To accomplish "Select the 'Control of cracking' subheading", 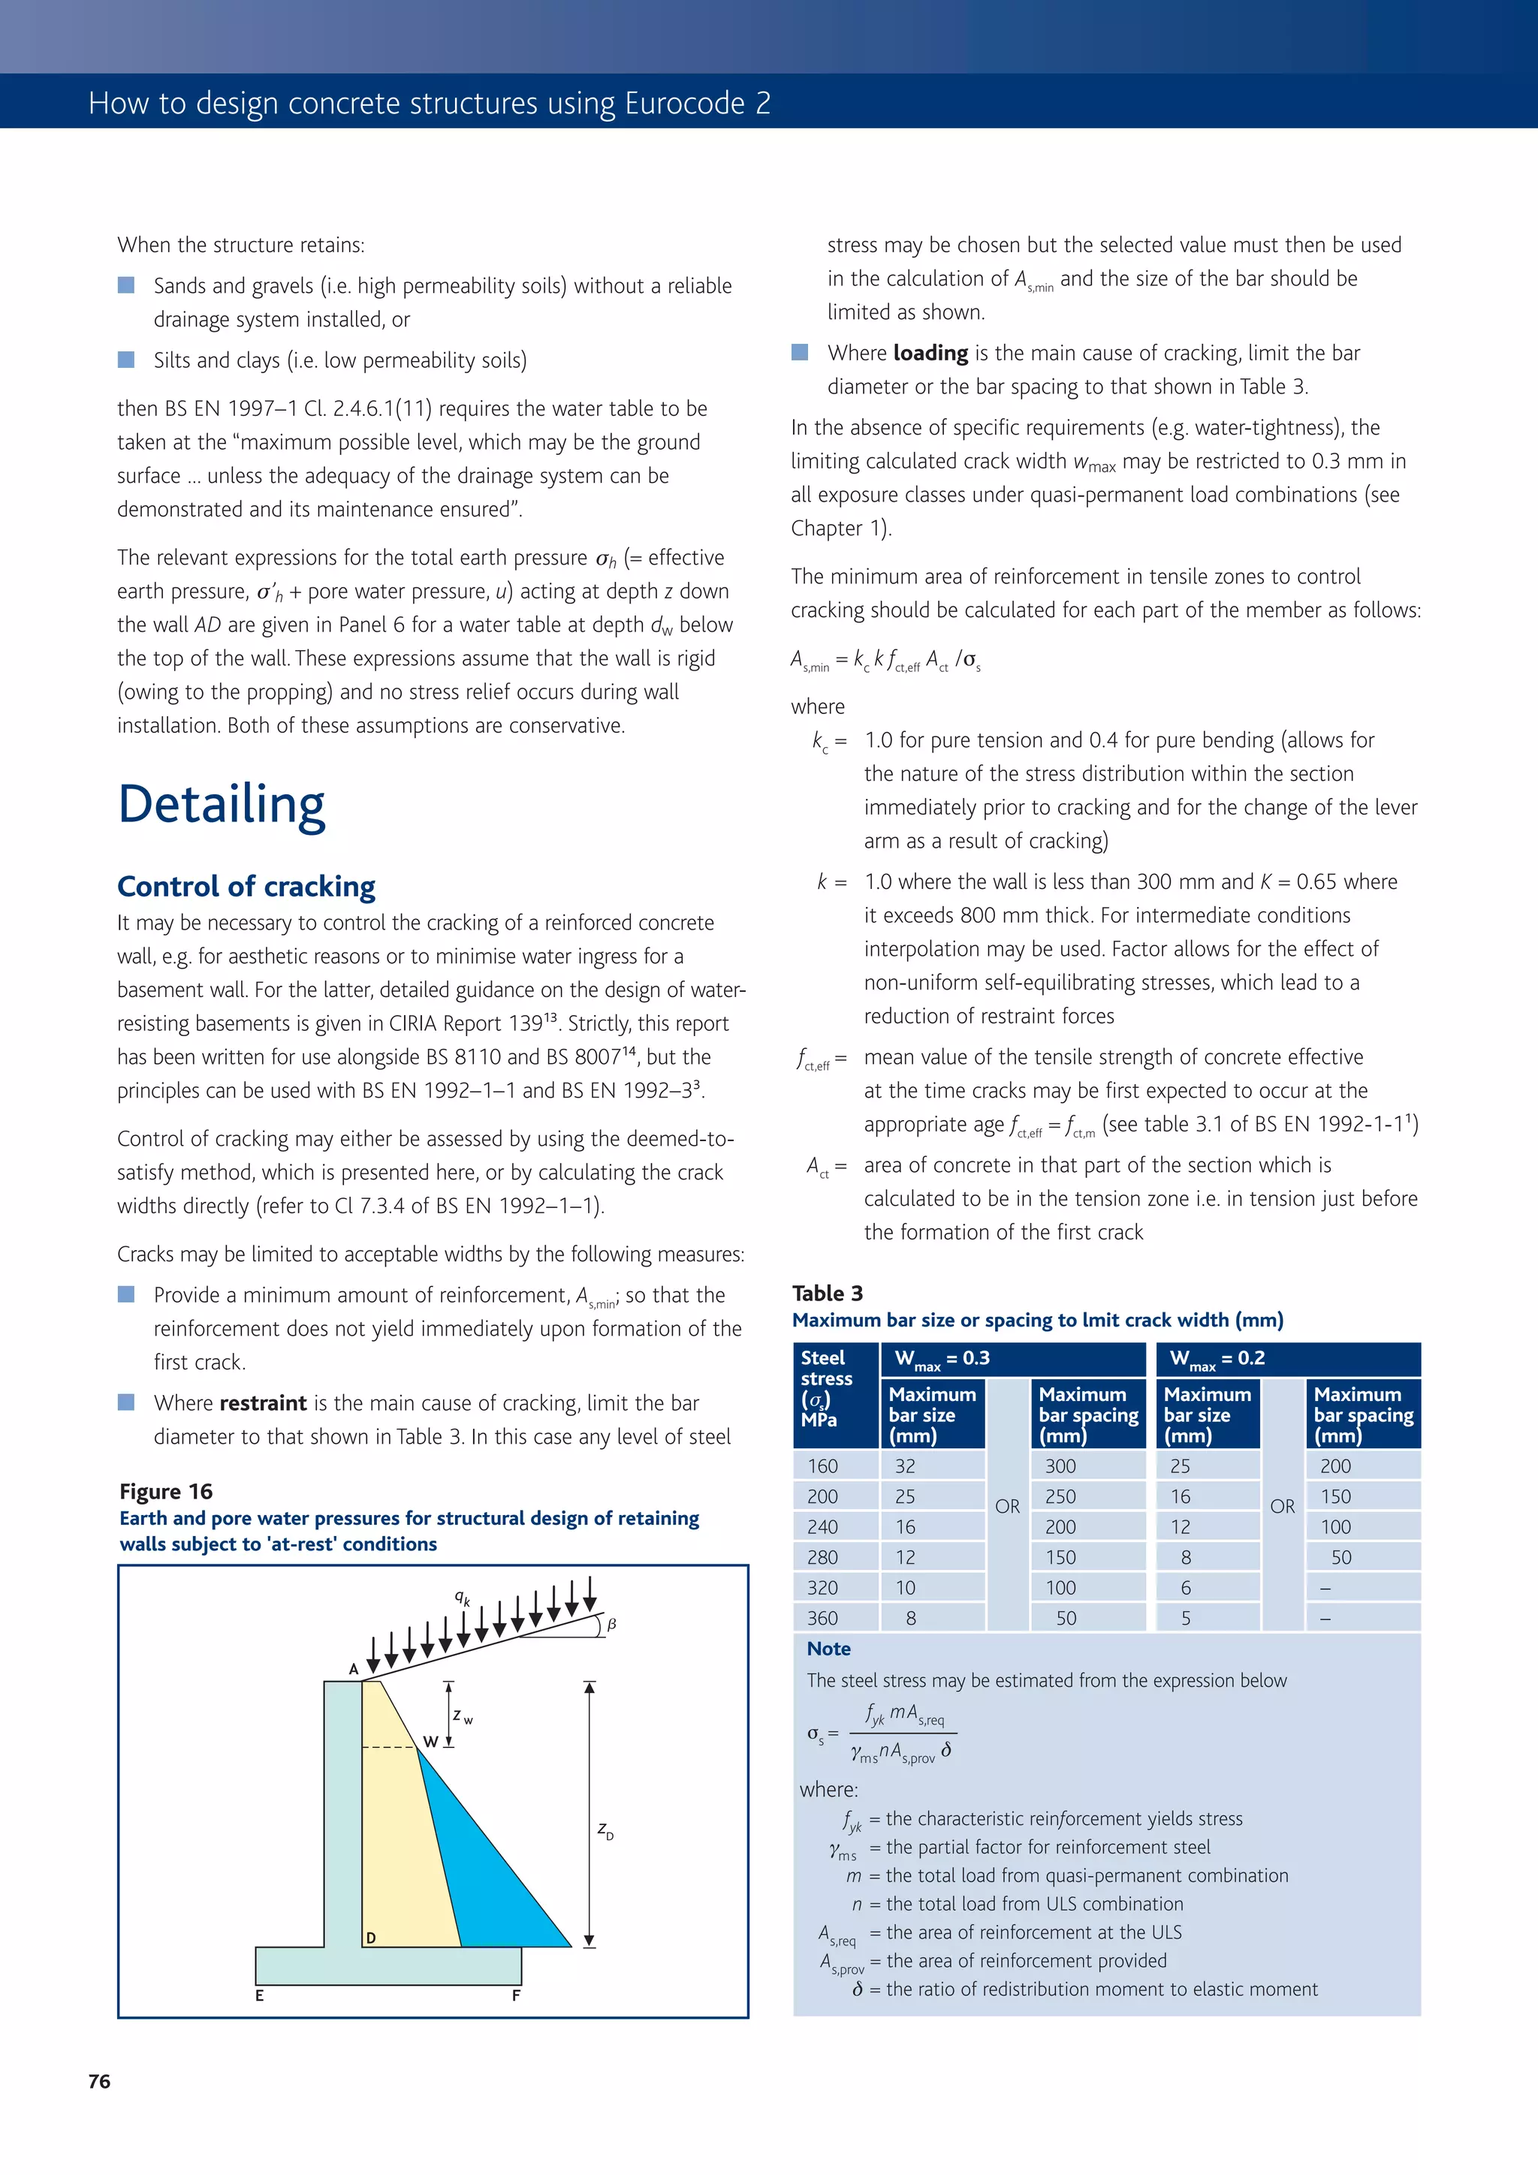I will (246, 886).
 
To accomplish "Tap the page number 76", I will (99, 2081).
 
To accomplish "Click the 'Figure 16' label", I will (166, 1491).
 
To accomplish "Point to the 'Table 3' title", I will (828, 1293).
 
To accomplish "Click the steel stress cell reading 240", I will (822, 1526).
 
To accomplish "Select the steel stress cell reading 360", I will (822, 1618).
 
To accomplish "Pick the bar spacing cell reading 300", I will (1060, 1466).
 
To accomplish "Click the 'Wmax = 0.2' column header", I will (1217, 1358).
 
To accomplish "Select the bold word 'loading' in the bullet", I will (930, 354).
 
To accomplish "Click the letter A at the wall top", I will (354, 1669).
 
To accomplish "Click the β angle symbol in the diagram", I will (612, 1624).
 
